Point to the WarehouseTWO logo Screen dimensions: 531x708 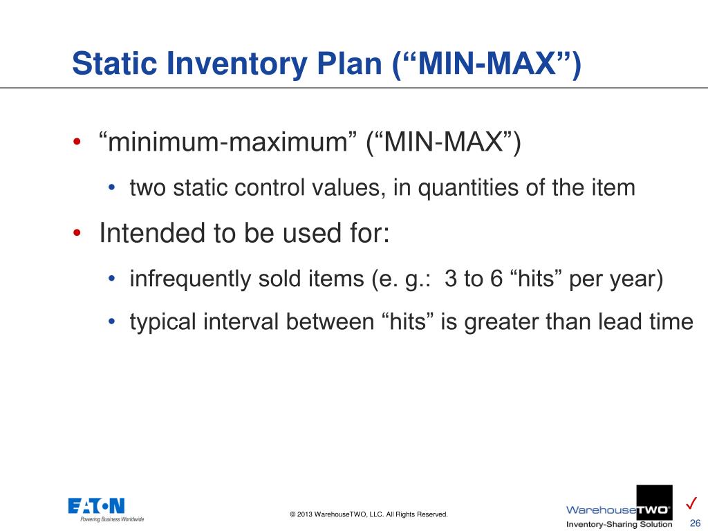[x=619, y=511]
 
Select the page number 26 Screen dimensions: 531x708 [x=696, y=523]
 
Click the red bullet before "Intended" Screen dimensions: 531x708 [x=78, y=234]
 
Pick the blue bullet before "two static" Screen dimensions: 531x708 [x=112, y=188]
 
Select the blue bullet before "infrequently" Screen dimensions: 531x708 [x=112, y=279]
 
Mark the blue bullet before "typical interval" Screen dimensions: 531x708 [x=112, y=322]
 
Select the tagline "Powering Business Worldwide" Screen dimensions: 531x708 [x=106, y=519]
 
